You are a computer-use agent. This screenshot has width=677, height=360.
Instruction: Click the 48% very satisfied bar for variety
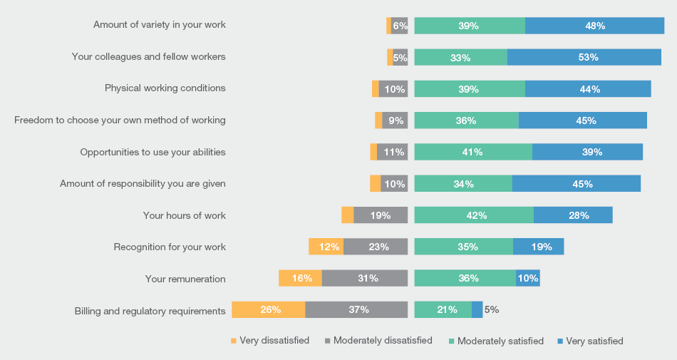pos(594,26)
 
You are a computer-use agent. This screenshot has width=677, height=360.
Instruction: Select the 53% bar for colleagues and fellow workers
pos(584,57)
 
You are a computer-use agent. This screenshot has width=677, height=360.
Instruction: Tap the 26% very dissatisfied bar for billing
pos(269,309)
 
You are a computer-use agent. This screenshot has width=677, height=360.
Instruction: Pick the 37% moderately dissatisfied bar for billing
pos(356,309)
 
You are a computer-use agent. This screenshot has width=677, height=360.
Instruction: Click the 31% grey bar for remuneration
pos(365,278)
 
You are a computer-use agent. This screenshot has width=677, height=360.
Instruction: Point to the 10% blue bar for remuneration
pos(528,278)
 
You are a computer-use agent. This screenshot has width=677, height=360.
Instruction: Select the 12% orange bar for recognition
pos(326,247)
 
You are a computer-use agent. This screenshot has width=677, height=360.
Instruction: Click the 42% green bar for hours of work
pos(474,215)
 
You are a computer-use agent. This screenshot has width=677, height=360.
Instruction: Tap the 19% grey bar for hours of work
pos(381,215)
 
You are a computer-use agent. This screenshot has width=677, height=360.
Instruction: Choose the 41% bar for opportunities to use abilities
pos(473,152)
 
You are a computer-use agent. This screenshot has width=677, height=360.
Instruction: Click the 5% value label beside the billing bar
pos(492,309)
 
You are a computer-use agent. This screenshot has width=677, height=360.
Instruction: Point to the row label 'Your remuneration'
pos(185,279)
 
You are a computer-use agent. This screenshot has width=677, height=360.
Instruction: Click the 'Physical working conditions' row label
pos(165,88)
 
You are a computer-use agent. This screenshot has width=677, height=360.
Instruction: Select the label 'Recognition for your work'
pos(170,247)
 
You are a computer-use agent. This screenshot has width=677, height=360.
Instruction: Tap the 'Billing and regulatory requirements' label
pos(150,311)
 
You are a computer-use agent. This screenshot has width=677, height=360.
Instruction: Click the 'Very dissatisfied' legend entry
pos(270,341)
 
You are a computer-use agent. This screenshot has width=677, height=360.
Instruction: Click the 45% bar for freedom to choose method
pos(582,120)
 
